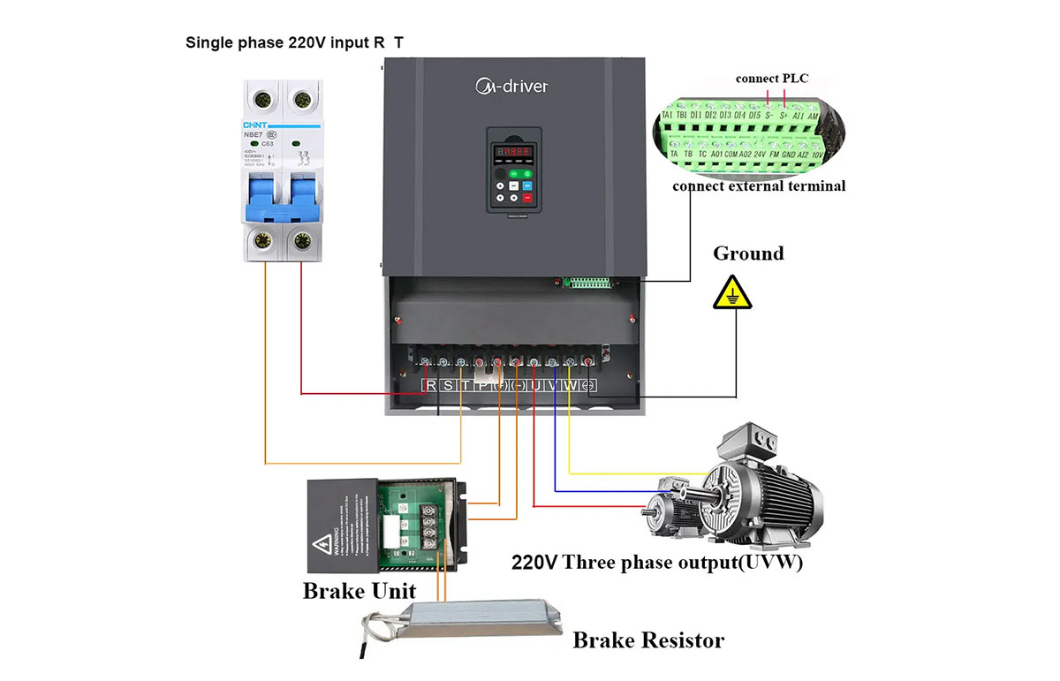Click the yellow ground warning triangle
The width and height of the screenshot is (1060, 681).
click(x=733, y=292)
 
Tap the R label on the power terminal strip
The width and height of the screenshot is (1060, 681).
click(x=430, y=385)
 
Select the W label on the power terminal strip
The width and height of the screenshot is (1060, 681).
click(x=572, y=385)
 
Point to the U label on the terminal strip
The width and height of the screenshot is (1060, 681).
click(x=536, y=385)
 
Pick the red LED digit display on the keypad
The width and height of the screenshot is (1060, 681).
click(x=513, y=152)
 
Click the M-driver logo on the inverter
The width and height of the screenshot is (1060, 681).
click(x=511, y=86)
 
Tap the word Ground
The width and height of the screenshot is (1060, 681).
click(x=748, y=254)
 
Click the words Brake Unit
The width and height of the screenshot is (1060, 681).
click(x=359, y=590)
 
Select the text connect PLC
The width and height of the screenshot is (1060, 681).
click(x=771, y=79)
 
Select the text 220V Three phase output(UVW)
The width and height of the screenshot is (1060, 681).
click(x=657, y=563)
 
